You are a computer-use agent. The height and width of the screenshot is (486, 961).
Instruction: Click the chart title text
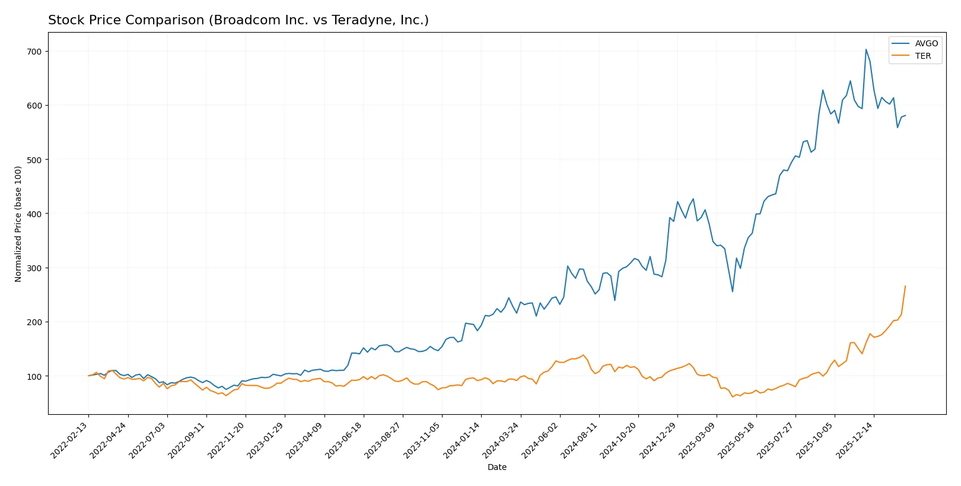(238, 20)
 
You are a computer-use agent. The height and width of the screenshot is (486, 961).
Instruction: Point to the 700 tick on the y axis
(34, 52)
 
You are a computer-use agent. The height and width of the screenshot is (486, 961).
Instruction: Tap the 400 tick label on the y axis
(34, 214)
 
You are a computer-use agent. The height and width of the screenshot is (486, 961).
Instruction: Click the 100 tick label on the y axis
(34, 376)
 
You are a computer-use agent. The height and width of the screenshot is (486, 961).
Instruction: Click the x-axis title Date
(497, 467)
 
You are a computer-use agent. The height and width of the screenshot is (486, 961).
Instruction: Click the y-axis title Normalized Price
(18, 224)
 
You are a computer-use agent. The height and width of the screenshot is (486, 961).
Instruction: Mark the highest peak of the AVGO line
(865, 49)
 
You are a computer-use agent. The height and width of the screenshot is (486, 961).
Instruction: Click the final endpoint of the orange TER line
(905, 286)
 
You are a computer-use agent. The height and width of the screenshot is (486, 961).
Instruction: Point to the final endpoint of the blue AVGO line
(905, 115)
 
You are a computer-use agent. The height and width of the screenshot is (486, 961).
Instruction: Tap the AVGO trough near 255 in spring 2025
(732, 291)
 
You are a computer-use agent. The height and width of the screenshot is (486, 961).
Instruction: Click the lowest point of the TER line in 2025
(732, 396)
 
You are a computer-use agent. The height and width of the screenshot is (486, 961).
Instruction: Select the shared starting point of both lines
(88, 376)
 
